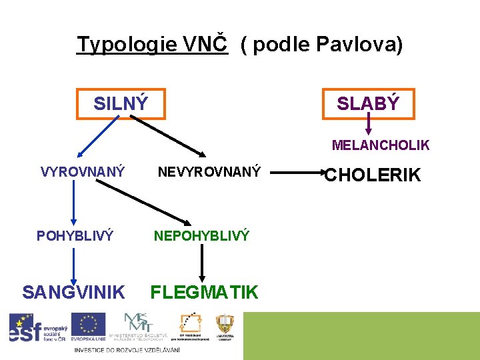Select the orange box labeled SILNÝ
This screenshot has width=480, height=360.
coord(121,103)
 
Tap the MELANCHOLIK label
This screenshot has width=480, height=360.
coord(381,145)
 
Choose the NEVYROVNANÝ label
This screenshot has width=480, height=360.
coord(209,172)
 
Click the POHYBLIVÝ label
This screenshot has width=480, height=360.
coord(75,235)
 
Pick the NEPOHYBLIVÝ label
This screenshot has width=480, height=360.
coord(201,235)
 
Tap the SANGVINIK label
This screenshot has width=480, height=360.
coord(73,292)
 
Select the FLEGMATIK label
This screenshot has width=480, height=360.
coord(204,292)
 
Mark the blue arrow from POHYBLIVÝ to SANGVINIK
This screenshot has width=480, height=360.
coord(73,263)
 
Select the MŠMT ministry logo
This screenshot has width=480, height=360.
coord(138,327)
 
